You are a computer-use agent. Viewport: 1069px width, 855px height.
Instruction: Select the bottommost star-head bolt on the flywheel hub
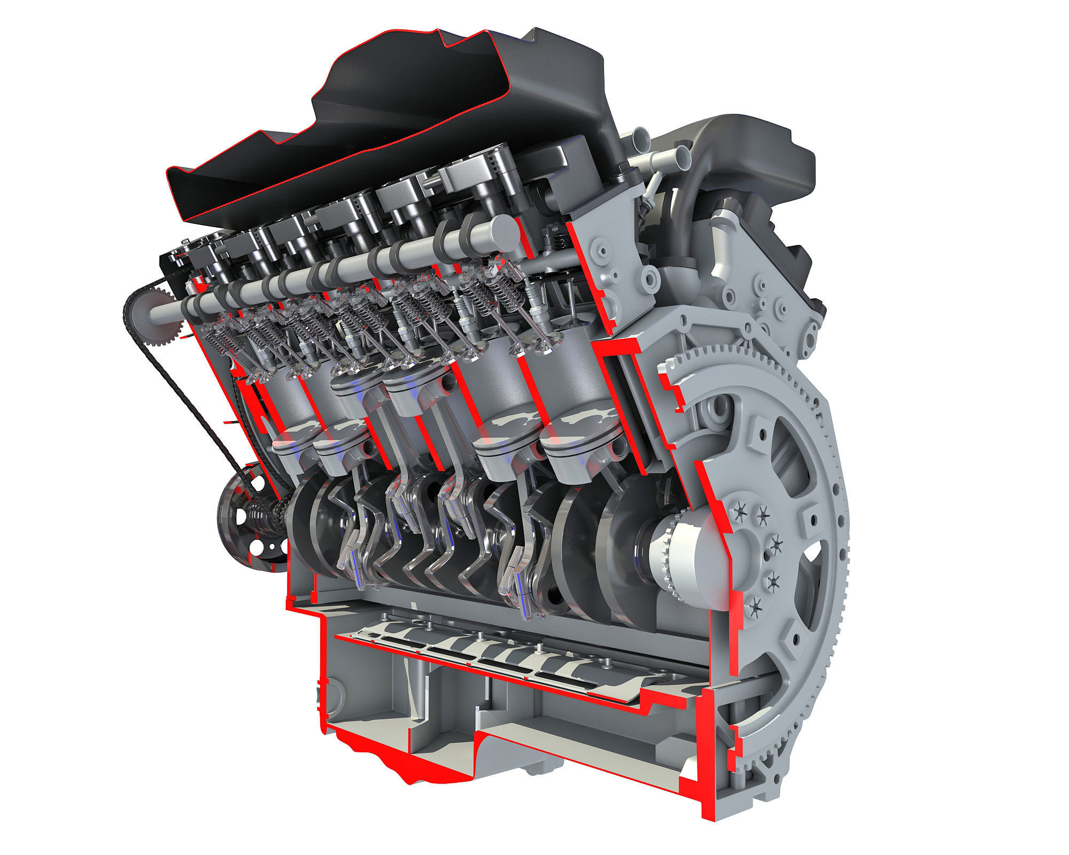[x=755, y=605]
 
